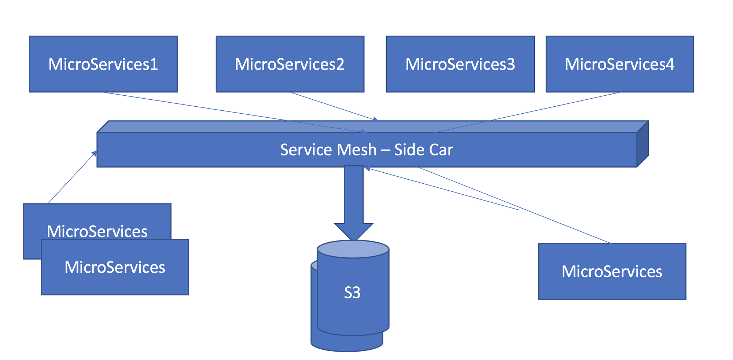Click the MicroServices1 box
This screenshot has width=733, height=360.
tap(103, 64)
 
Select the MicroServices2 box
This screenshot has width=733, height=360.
tap(290, 64)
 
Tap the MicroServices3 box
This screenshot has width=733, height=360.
tap(460, 64)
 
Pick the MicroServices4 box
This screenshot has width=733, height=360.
tap(619, 64)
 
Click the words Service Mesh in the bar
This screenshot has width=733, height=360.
tap(328, 150)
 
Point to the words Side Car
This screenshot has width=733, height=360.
tap(424, 150)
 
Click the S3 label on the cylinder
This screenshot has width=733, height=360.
tap(352, 293)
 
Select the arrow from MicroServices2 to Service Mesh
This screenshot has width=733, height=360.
tap(334, 106)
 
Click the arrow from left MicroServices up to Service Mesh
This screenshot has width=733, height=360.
tap(71, 178)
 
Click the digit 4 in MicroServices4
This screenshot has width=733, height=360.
tap(670, 64)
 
